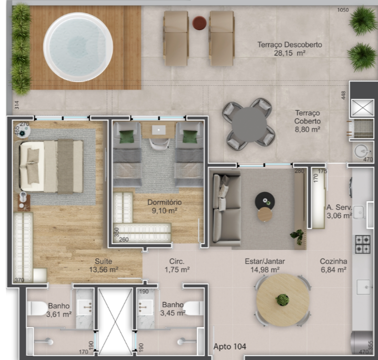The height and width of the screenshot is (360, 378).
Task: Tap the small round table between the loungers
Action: coord(199,22)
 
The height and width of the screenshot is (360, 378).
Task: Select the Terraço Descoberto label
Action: coord(289,49)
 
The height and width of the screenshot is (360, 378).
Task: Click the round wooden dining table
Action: coord(283,300)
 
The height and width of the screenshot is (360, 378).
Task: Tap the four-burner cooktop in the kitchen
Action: coord(362,245)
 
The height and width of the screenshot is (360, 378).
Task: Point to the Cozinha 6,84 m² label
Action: coord(333,266)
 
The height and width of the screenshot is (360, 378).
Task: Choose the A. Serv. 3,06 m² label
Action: coord(339,211)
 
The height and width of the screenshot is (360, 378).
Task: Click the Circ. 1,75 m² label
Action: coord(177,266)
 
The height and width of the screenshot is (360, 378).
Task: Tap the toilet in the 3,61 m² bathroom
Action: coord(36,309)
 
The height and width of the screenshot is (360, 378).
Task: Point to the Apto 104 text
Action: coord(230,347)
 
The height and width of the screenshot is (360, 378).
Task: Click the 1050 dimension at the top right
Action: coord(343,10)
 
